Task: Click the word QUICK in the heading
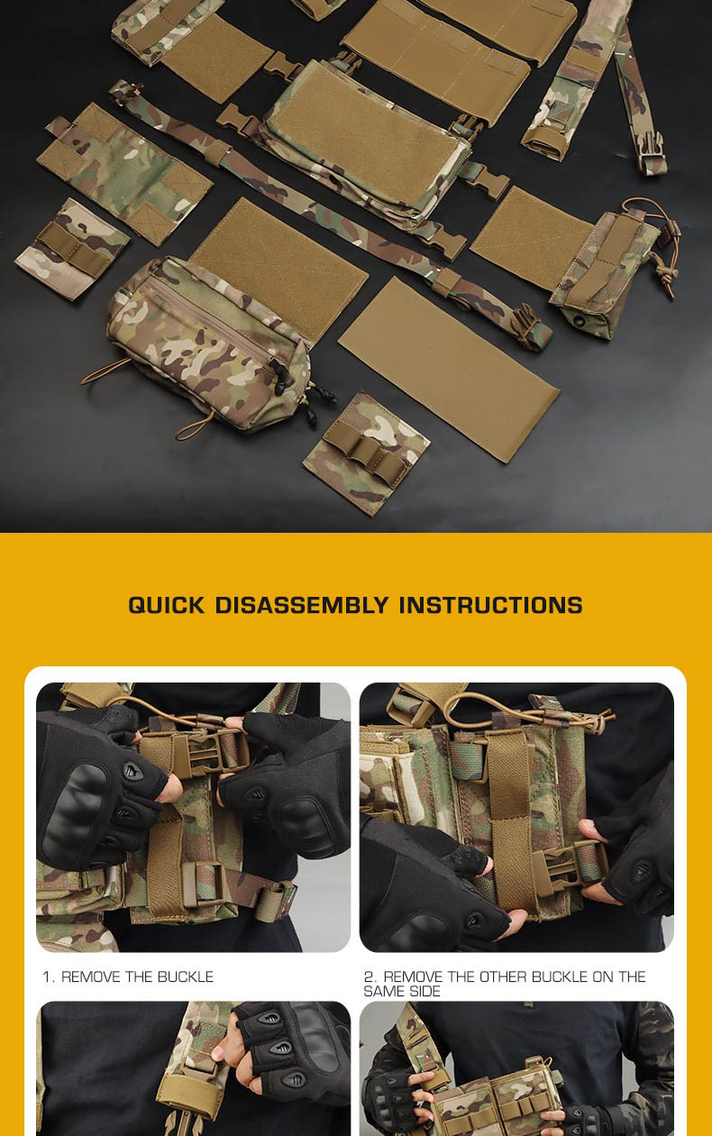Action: pos(167,605)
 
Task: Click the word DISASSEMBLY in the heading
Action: pos(302,605)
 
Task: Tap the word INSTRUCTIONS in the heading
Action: pos(491,605)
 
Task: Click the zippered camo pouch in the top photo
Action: pos(208,344)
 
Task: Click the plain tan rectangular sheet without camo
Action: pos(449,369)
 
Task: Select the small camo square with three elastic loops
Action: pos(366,453)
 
